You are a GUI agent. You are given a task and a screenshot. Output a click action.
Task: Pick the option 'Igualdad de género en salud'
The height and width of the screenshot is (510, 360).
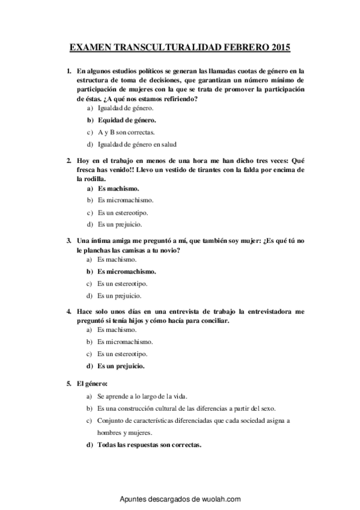coord(137,144)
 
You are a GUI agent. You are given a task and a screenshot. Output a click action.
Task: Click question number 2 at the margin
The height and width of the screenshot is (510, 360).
coord(69,161)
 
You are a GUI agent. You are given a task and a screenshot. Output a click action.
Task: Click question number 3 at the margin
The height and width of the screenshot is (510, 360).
coord(69,241)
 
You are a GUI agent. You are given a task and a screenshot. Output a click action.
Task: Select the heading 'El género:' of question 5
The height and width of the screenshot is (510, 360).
coord(91,383)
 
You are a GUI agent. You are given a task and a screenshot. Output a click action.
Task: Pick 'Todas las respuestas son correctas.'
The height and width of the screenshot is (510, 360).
coord(149,445)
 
